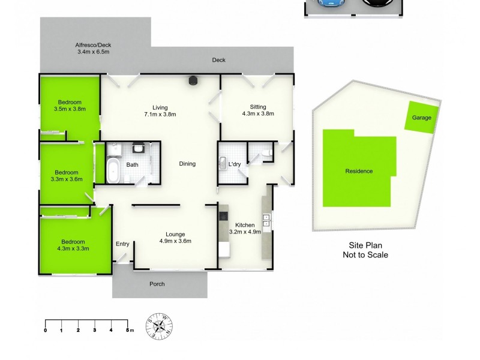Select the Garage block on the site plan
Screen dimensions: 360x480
click(x=421, y=117)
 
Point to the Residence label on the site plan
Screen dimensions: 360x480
click(x=359, y=171)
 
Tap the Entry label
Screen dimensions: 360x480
click(x=122, y=244)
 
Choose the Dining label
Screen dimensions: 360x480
click(x=187, y=164)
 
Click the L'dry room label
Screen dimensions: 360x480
click(x=234, y=163)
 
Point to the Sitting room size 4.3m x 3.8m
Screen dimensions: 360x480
click(x=257, y=114)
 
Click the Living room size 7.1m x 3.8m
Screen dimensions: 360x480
click(x=160, y=114)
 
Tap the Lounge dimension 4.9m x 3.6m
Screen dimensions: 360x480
click(x=175, y=241)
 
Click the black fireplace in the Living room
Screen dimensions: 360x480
click(x=193, y=81)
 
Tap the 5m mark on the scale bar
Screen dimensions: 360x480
click(x=127, y=329)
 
